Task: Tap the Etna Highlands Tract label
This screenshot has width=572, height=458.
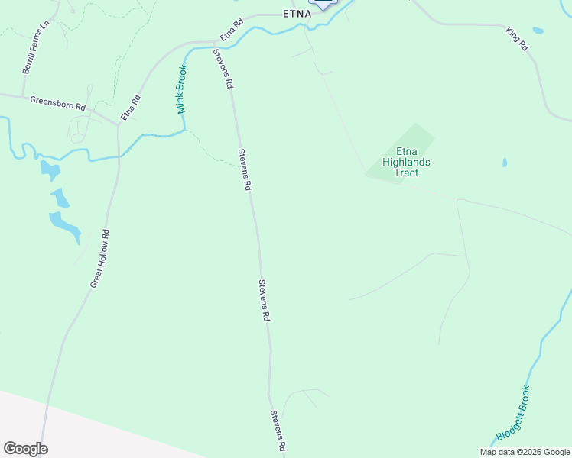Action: pos(406,162)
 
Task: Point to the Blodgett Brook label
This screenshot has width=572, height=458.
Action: pos(513,413)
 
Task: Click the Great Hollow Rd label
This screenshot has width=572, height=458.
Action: pos(101,259)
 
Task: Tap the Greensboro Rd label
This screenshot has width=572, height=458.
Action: pos(57,103)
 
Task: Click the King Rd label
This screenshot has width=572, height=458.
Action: pos(518,39)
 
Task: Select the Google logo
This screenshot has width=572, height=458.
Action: pos(25,449)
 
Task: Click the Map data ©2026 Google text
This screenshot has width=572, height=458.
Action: pos(525,452)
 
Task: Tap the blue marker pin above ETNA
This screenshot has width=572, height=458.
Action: pos(324,3)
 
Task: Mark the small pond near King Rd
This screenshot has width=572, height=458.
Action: pos(538,31)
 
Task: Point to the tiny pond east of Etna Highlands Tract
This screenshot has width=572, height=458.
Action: pos(504,163)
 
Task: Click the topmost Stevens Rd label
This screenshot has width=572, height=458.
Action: pos(223,69)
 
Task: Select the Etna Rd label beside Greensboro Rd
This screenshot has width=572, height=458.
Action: pos(131,108)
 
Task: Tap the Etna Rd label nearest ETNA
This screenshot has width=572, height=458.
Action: pos(231,30)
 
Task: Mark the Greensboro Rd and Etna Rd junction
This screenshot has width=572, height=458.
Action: pos(118,122)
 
